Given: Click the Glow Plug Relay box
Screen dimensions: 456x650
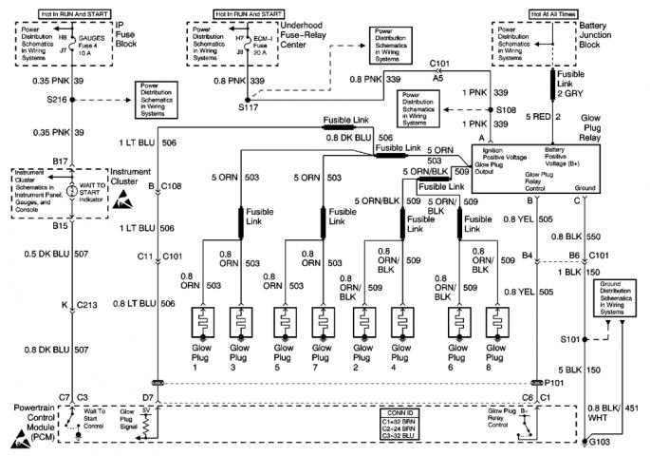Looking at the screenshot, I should point(538,167).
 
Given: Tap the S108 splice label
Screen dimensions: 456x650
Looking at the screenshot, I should point(510,110).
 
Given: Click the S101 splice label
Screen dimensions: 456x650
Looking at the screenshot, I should point(570,338).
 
